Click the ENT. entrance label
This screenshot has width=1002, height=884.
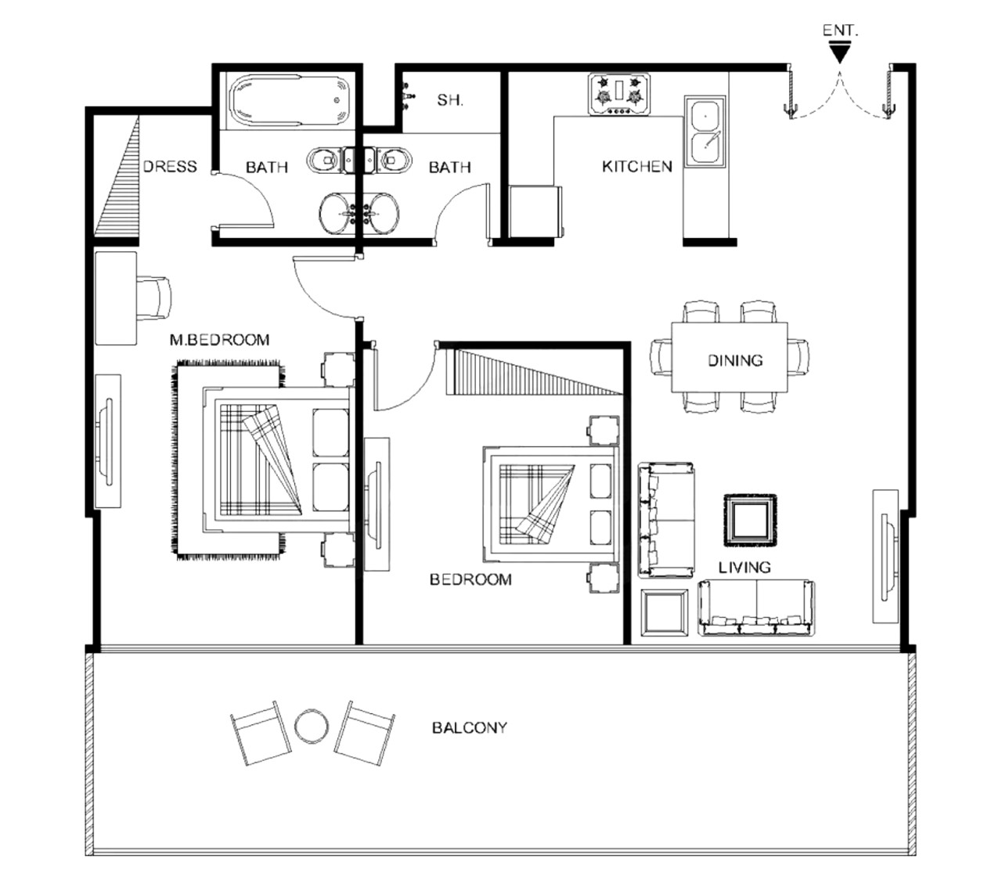[x=840, y=31]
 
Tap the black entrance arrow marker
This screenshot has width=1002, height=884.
[x=839, y=53]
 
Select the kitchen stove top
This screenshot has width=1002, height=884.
[x=618, y=95]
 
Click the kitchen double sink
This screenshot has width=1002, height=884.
[x=705, y=131]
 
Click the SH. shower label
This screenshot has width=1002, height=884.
[x=450, y=100]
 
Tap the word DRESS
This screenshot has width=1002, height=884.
[x=170, y=166]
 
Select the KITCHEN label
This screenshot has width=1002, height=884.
[x=637, y=166]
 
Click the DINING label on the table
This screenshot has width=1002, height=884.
[x=735, y=360]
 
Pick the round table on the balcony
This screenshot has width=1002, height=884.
[x=311, y=726]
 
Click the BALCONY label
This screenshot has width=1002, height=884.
[x=470, y=727]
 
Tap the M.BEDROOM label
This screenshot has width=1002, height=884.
[x=220, y=340]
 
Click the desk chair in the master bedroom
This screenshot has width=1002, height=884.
[x=153, y=298]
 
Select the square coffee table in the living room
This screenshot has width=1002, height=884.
[x=750, y=520]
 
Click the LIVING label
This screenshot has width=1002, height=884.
[x=744, y=567]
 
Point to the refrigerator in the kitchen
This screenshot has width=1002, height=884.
[x=536, y=211]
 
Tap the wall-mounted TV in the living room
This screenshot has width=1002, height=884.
[x=885, y=557]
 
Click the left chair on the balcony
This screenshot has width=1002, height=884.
[x=261, y=733]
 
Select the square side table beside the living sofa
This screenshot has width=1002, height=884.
[x=664, y=612]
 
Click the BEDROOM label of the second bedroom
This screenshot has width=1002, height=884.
[x=470, y=579]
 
